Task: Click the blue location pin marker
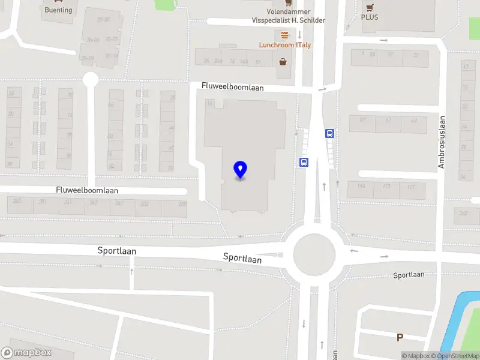[x=240, y=170]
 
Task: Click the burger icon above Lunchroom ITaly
[x=284, y=34]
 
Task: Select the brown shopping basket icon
[x=283, y=61]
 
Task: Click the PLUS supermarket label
[x=370, y=17]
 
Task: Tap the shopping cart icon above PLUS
[x=370, y=7]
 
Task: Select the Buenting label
[x=58, y=10]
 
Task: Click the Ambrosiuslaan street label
[x=442, y=142]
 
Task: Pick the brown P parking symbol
[x=400, y=338]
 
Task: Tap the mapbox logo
[x=26, y=353]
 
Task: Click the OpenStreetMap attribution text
[x=459, y=356]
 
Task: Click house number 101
[x=411, y=187]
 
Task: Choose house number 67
[x=389, y=121]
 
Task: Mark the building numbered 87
[x=362, y=120]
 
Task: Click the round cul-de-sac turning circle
[x=90, y=79]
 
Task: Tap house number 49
[x=414, y=121]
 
